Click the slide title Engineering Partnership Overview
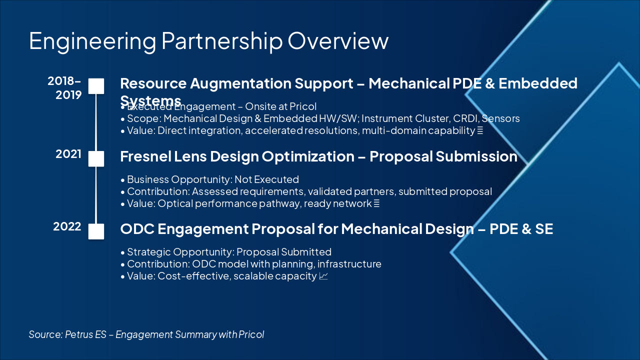tap(208, 41)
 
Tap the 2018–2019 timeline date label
tap(65, 87)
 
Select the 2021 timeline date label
tap(68, 154)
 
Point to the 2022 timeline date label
tap(67, 226)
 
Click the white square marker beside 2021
tap(96, 158)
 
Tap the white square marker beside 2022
tap(96, 231)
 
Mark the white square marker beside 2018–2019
tap(96, 86)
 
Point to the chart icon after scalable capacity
tap(323, 276)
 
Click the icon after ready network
tap(376, 203)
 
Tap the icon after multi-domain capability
tap(479, 131)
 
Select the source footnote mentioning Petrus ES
tap(146, 334)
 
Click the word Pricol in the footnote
tap(251, 334)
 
